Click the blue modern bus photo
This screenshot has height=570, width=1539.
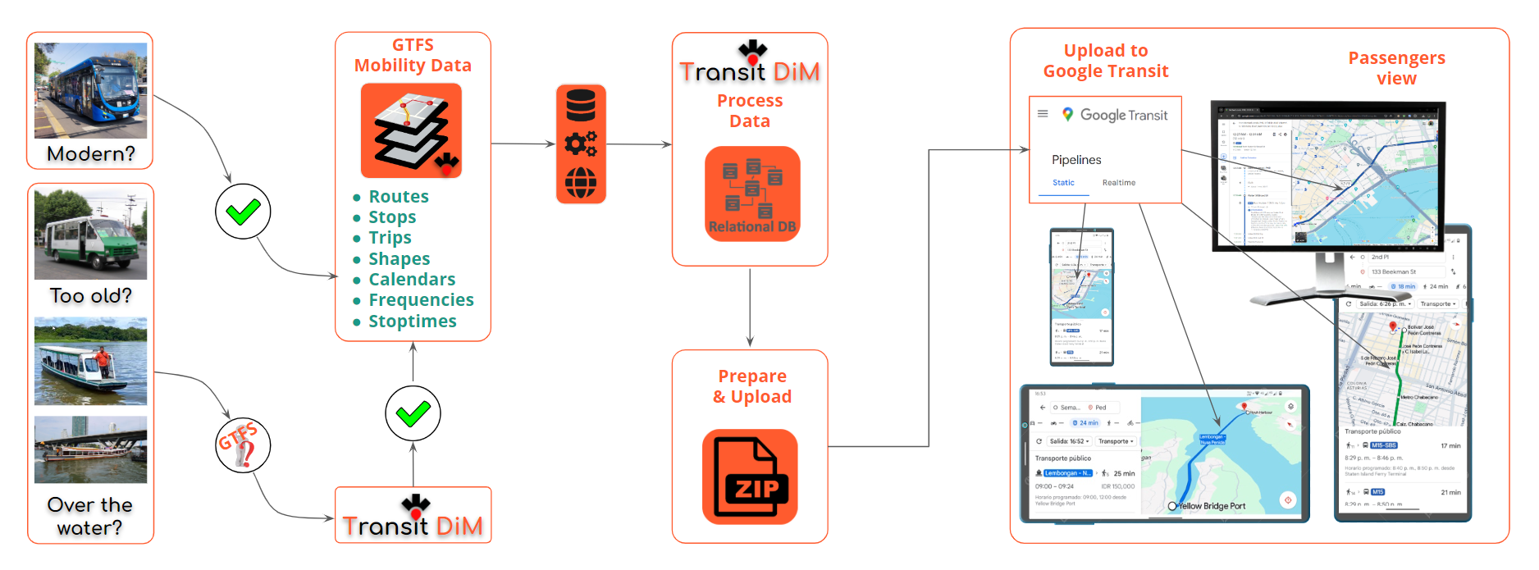coord(90,90)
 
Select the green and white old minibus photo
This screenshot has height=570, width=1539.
coord(90,235)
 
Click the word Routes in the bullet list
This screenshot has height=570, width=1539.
coord(398,197)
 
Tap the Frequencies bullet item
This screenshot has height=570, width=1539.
coord(421,300)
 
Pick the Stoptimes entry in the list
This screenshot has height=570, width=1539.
coord(412,321)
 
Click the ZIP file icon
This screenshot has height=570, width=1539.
coord(750,477)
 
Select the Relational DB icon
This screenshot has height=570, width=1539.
coord(752,194)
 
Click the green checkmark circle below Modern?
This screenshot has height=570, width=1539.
coord(243,212)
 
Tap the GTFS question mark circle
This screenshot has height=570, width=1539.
coord(243,445)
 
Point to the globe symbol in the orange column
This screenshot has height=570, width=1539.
coord(581,183)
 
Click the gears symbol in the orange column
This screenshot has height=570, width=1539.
coord(581,144)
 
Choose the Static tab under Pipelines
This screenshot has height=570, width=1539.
coord(1063,183)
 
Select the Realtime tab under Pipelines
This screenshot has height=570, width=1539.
coord(1119,183)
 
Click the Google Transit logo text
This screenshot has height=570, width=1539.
coord(1123,116)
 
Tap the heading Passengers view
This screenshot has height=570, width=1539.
coord(1396,68)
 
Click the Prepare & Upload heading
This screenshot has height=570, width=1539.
coord(751,386)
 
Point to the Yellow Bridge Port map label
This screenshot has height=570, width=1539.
coord(1212,506)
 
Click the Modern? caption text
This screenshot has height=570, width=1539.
coord(90,154)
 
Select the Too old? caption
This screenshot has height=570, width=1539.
coord(90,296)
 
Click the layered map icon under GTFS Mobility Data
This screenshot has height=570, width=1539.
coord(412,130)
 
